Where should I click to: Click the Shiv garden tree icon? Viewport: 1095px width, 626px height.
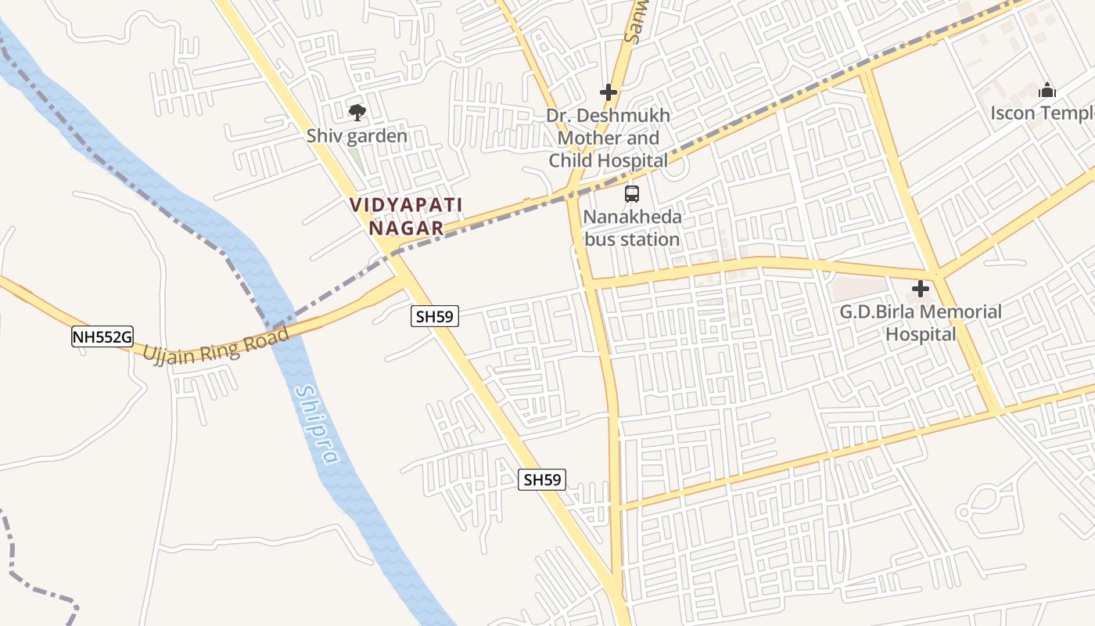pyautogui.click(x=357, y=113)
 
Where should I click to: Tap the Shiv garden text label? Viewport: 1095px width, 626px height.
pyautogui.click(x=357, y=136)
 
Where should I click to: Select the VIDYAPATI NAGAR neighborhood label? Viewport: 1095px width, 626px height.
pyautogui.click(x=406, y=217)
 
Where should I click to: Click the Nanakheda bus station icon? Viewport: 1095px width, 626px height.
pyautogui.click(x=632, y=194)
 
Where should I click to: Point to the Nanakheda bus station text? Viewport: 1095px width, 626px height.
pyautogui.click(x=632, y=228)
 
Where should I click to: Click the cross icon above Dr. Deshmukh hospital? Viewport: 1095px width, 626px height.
pyautogui.click(x=609, y=92)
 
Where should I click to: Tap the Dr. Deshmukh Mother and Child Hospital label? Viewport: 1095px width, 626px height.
pyautogui.click(x=609, y=139)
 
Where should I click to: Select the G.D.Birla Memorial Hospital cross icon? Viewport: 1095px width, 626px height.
pyautogui.click(x=921, y=289)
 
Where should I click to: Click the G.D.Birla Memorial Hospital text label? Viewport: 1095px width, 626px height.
pyautogui.click(x=921, y=323)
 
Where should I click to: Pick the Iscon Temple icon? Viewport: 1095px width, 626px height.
pyautogui.click(x=1047, y=91)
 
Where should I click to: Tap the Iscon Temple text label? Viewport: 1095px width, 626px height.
pyautogui.click(x=1042, y=113)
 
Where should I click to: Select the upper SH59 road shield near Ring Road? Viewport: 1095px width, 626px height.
pyautogui.click(x=435, y=316)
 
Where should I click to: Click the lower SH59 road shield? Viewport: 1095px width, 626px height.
pyautogui.click(x=542, y=480)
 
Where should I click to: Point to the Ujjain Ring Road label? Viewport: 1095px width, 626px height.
pyautogui.click(x=217, y=345)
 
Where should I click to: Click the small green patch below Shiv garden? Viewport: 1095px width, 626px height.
pyautogui.click(x=356, y=156)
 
